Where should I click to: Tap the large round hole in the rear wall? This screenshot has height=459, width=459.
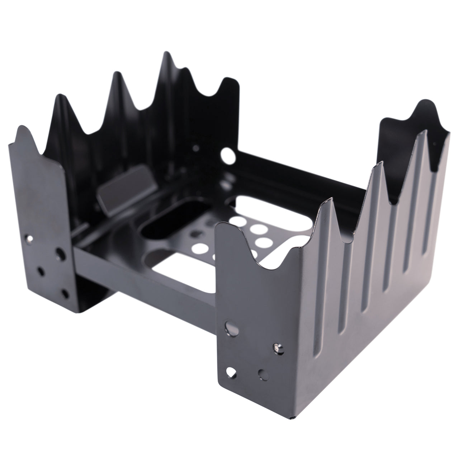pos(228,155)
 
